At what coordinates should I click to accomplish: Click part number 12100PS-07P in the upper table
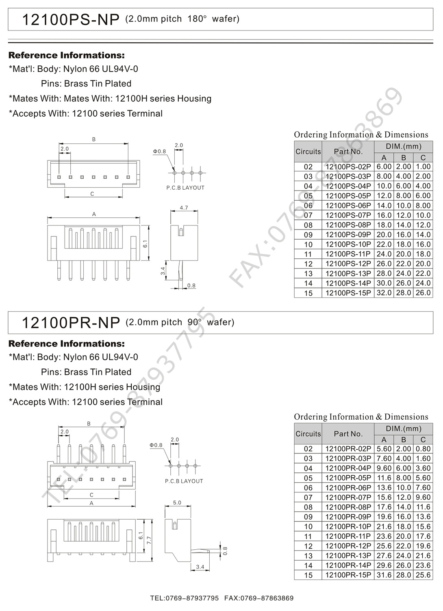348,215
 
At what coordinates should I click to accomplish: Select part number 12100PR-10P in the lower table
348,526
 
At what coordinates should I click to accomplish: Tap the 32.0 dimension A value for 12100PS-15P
384,293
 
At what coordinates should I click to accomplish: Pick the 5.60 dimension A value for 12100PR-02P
384,449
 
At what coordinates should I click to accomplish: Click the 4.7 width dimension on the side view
184,208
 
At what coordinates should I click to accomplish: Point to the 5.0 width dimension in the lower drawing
177,503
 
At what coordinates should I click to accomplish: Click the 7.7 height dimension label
149,540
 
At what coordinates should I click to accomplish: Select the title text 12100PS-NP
71,19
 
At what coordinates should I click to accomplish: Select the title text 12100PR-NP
71,323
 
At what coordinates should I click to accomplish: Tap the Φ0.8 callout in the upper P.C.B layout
159,152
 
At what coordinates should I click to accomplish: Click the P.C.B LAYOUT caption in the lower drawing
184,481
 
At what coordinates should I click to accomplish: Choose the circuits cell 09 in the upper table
308,235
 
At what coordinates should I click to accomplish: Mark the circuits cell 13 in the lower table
308,556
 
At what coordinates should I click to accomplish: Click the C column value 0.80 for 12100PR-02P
423,449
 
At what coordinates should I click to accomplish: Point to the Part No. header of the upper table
348,152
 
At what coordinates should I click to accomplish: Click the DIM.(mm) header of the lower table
403,429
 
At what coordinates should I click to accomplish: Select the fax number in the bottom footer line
259,598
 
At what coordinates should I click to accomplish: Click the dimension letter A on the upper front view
94,214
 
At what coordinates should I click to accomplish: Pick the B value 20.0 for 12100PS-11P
403,254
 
